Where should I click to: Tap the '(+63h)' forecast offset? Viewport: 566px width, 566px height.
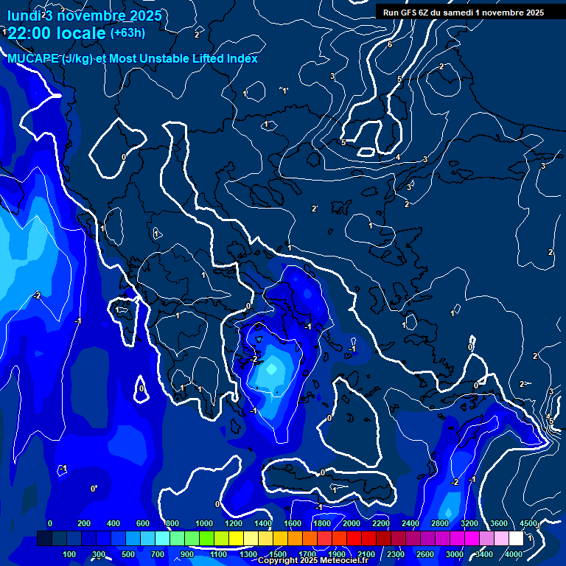127,32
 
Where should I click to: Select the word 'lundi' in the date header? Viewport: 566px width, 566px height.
23,15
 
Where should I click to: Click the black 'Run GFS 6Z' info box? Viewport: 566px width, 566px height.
463,12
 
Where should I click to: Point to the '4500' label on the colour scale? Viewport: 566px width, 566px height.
528,523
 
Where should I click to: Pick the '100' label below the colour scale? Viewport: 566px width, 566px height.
69,554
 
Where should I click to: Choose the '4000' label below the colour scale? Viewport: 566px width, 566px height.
514,554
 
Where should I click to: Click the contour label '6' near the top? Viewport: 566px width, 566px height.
390,44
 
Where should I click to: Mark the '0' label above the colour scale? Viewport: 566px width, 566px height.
50,523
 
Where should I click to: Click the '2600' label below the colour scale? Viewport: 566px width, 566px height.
425,554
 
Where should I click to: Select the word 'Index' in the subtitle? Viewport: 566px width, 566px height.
242,58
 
